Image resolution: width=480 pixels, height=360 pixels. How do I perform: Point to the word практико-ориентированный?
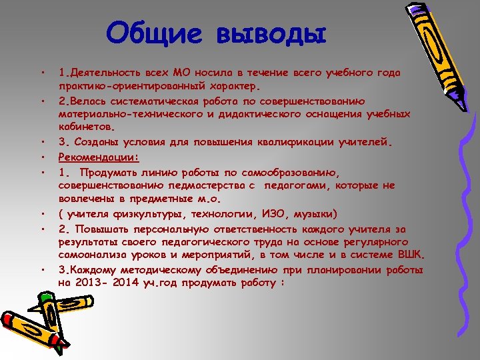tap(133, 86)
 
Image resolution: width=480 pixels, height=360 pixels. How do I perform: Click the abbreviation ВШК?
tap(411, 255)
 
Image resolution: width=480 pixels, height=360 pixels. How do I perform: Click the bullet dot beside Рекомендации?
tap(42, 158)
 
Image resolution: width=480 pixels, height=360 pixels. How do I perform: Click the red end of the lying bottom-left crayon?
tap(8, 318)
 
